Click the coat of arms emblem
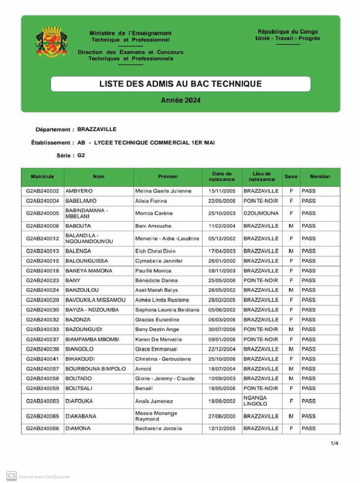pos(52,42)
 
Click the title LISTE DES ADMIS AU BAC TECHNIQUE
pos(181,84)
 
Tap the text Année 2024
pos(181,100)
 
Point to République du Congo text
pos(288,32)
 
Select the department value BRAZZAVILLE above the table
pos(97,129)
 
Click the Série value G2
pos(82,155)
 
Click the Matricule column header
pos(42,177)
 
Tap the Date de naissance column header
pos(222,177)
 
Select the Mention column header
pos(320,177)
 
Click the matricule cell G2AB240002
pos(42,191)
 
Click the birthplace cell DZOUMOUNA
pos(261,213)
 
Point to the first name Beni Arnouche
pos(153,226)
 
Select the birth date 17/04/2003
pos(222,251)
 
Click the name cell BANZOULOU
pos(82,290)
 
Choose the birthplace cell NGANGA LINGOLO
pos(255,401)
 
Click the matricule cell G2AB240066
pos(42,429)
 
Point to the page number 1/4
pos(334,443)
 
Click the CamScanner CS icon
pos(11,476)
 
